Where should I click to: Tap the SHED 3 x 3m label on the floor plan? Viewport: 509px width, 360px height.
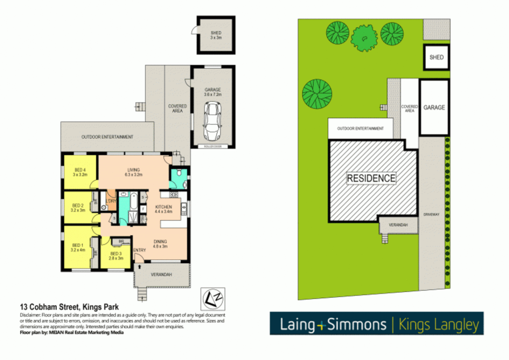point(216,35)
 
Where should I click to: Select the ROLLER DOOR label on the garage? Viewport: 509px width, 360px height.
point(212,147)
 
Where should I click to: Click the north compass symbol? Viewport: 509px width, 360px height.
point(213,299)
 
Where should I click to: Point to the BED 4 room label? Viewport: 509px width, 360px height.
point(80,172)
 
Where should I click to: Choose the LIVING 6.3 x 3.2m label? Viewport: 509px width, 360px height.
point(133,172)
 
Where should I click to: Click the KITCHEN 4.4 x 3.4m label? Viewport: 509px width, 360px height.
point(163,209)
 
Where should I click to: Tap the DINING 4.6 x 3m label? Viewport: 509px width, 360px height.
point(160,244)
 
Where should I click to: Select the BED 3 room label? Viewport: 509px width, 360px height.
point(116,256)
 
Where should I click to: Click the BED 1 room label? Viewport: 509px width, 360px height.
point(78,247)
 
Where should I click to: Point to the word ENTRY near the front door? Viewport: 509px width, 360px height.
point(139,250)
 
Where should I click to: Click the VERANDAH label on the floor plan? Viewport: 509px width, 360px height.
point(161,275)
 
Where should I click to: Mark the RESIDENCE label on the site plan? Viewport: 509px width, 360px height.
point(371,178)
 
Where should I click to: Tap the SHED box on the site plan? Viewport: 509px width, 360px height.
point(436,57)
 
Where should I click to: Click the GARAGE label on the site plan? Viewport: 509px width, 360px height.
point(434,107)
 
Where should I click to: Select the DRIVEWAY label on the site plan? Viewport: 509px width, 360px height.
point(431,214)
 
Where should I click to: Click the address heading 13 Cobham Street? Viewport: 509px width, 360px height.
point(69,307)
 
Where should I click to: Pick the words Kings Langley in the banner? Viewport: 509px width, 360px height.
point(438,324)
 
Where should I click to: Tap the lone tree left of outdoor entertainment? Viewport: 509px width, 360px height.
point(317,94)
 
